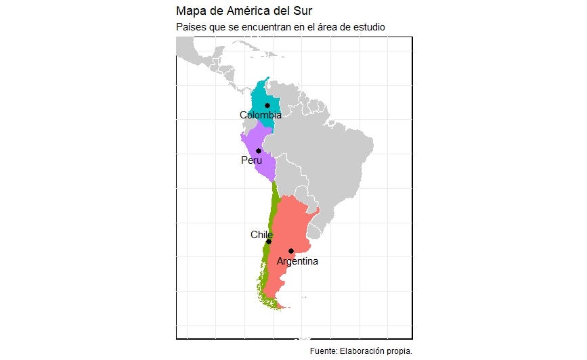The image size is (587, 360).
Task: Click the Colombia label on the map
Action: pyautogui.click(x=261, y=115)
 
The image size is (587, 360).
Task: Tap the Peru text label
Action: pyautogui.click(x=251, y=160)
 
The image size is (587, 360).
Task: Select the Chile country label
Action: pyautogui.click(x=261, y=235)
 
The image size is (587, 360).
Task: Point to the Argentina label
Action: pyautogui.click(x=297, y=261)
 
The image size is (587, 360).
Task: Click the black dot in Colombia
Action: pyautogui.click(x=267, y=106)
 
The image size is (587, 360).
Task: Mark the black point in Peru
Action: pyautogui.click(x=259, y=151)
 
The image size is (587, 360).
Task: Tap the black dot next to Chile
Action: pyautogui.click(x=269, y=242)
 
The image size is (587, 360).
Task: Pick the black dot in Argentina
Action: pyautogui.click(x=291, y=251)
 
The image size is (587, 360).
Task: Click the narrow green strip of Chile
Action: pyautogui.click(x=274, y=203)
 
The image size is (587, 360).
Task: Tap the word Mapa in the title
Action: pyautogui.click(x=190, y=11)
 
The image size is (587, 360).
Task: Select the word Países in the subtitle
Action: pyautogui.click(x=190, y=27)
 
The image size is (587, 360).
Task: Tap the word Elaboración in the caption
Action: pyautogui.click(x=362, y=351)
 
